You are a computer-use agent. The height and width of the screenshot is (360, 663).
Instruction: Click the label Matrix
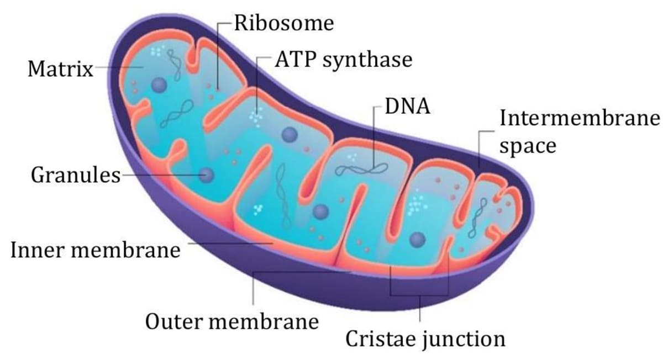(60, 70)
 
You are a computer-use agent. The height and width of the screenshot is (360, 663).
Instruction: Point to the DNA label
(407, 106)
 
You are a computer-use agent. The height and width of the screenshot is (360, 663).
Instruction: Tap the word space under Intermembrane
(527, 147)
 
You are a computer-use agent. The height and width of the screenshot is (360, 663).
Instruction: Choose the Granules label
(75, 176)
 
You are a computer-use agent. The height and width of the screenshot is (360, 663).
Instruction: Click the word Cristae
(381, 338)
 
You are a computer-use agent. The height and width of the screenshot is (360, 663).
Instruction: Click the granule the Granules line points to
(207, 176)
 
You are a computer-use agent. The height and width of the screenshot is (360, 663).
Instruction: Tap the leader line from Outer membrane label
(254, 287)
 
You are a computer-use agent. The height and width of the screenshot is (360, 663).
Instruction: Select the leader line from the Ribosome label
(218, 55)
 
